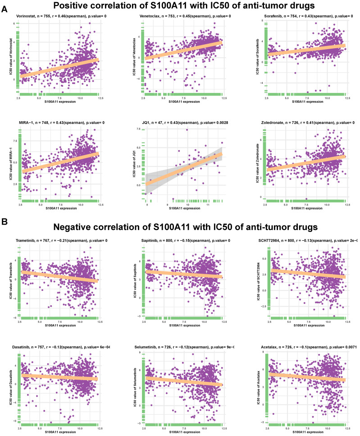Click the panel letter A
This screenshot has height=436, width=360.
pyautogui.click(x=4, y=8)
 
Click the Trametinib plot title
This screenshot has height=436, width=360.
pyautogui.click(x=60, y=242)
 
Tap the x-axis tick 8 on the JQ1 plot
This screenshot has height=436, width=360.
pyautogui.click(x=147, y=205)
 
